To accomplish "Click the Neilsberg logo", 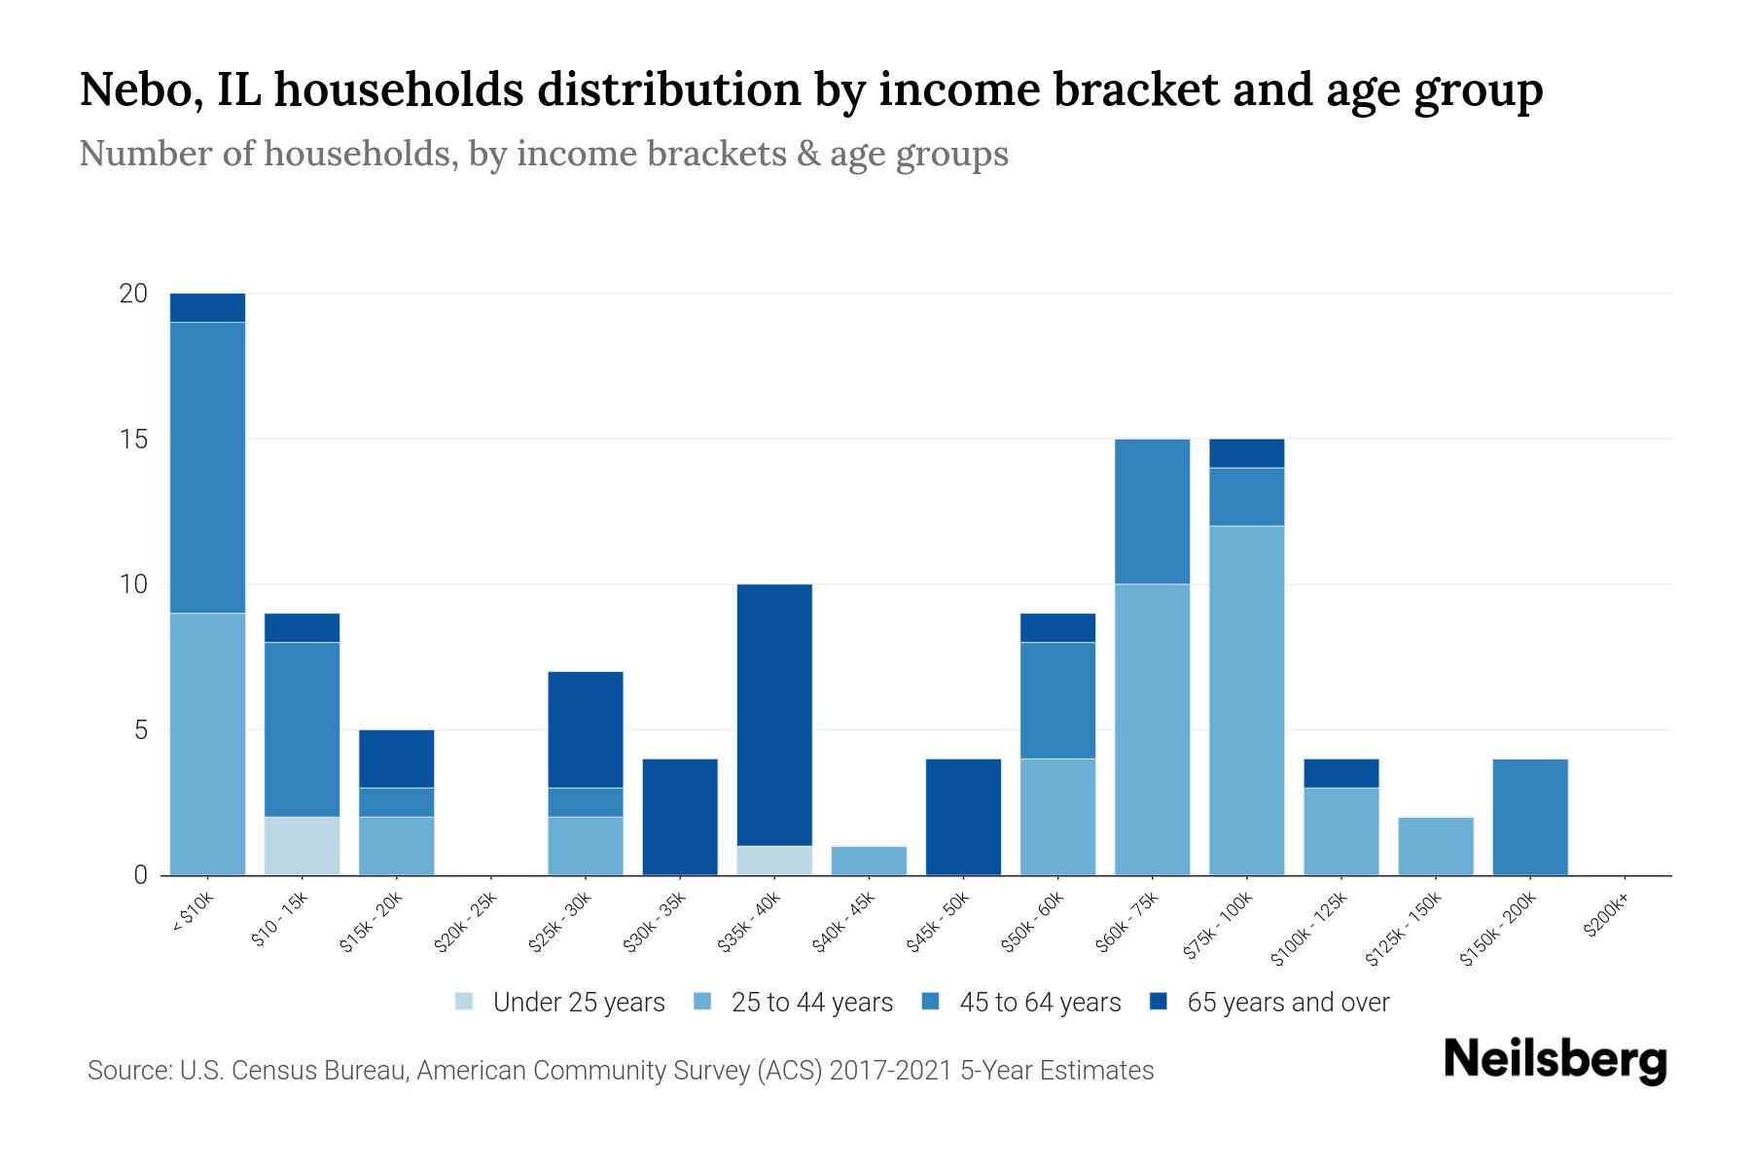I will [1554, 1060].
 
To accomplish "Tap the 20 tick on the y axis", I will [133, 294].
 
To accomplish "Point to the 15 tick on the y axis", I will [133, 440].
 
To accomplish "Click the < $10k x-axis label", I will [193, 914].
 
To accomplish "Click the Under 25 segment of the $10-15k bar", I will [302, 846].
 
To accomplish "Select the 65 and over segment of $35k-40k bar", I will [774, 715].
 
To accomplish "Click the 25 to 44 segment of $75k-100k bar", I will [1246, 700].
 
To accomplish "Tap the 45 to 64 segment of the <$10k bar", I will [207, 467].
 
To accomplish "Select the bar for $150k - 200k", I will [1530, 817].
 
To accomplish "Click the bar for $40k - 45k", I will [869, 861].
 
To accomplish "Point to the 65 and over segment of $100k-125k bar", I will [1340, 773].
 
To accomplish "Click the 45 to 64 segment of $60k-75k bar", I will [1152, 512].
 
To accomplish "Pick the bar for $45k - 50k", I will [963, 817].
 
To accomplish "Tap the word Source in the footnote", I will [128, 1071].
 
